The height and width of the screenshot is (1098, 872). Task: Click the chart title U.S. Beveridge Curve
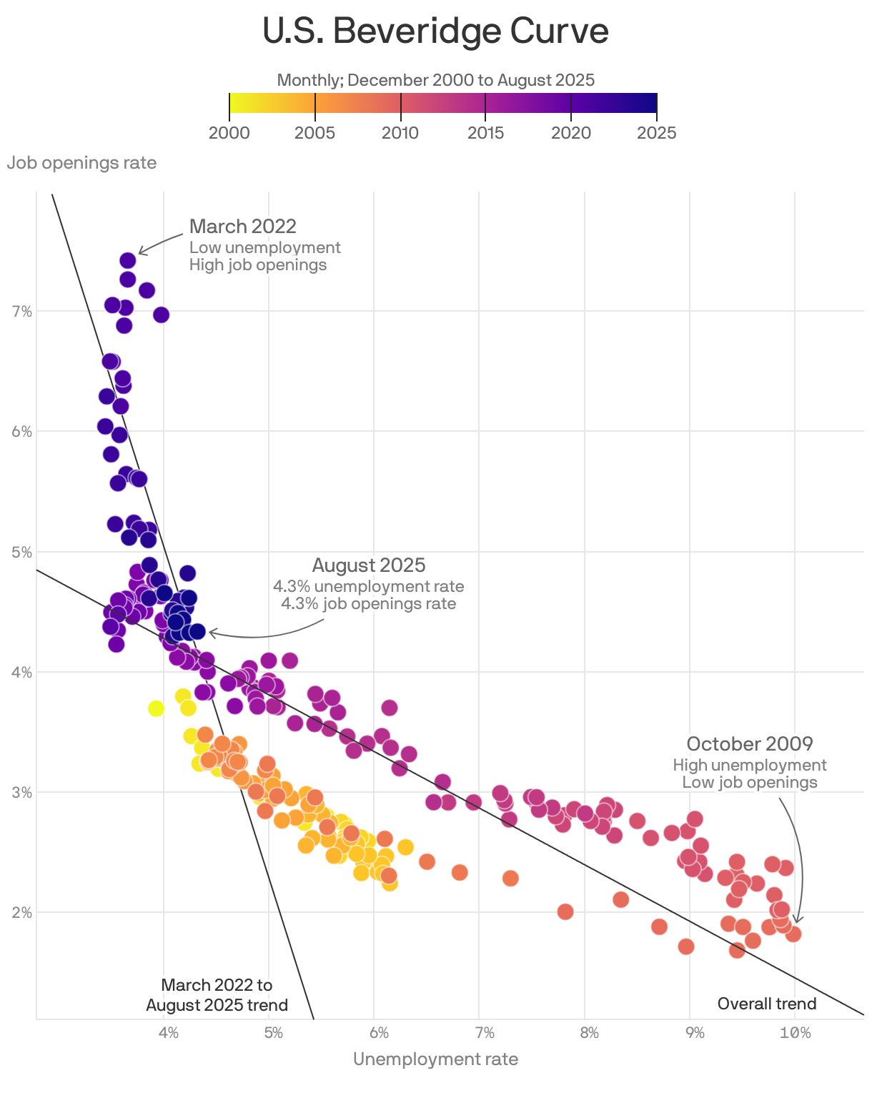coord(435,31)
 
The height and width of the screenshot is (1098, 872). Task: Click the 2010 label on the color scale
coord(400,133)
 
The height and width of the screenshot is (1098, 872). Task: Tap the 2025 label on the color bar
coord(656,133)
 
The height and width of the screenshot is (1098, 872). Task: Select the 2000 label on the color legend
coord(229,133)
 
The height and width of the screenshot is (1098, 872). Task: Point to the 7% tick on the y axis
coord(21,311)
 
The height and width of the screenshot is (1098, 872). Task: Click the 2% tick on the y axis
coord(21,912)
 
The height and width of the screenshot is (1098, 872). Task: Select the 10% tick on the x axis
coord(795,1033)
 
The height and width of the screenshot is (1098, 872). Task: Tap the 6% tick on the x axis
coord(379,1033)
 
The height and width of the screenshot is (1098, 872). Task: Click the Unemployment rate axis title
coord(435,1059)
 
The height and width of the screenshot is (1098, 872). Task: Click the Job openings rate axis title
coord(81,163)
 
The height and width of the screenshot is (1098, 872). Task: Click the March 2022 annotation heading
coord(243,227)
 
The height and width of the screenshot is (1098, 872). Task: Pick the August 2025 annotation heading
coord(369,565)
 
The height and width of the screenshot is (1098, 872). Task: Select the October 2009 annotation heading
coord(750,744)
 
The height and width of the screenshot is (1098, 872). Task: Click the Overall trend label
coord(766,1004)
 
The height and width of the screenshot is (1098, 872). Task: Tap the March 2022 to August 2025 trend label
coord(217,995)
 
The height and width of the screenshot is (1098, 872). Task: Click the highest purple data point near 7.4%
coord(128,260)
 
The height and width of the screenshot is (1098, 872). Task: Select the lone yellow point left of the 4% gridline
coord(156,708)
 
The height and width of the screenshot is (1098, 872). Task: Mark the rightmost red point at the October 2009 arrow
coord(793,934)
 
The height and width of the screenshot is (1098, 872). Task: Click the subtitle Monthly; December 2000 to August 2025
coord(435,80)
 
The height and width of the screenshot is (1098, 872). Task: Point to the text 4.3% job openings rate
coord(368,603)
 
